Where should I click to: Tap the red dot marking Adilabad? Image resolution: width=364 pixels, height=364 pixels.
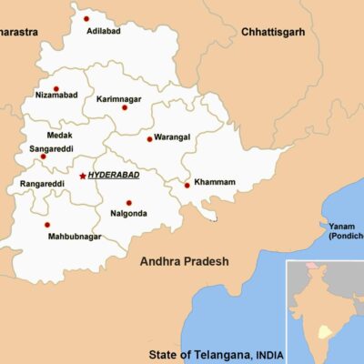(86, 18)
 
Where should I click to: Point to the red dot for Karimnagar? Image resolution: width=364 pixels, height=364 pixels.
(125, 107)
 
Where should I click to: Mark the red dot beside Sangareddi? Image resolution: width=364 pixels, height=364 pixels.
(42, 157)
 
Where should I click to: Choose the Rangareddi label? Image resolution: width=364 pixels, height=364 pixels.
(42, 185)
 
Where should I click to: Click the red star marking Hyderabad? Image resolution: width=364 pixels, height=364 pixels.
(82, 175)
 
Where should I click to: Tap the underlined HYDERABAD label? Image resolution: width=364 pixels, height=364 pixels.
(113, 175)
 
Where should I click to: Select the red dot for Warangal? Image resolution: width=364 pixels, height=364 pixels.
(149, 139)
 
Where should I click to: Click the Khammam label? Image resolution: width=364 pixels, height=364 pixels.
(217, 182)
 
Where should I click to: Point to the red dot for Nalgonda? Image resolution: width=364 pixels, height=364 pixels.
(128, 203)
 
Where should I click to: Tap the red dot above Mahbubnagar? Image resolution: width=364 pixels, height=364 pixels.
(46, 225)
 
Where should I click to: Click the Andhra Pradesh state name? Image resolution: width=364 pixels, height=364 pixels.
(184, 262)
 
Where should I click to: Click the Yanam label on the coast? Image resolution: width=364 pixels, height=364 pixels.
(342, 227)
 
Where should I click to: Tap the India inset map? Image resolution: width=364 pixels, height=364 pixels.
(324, 309)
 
